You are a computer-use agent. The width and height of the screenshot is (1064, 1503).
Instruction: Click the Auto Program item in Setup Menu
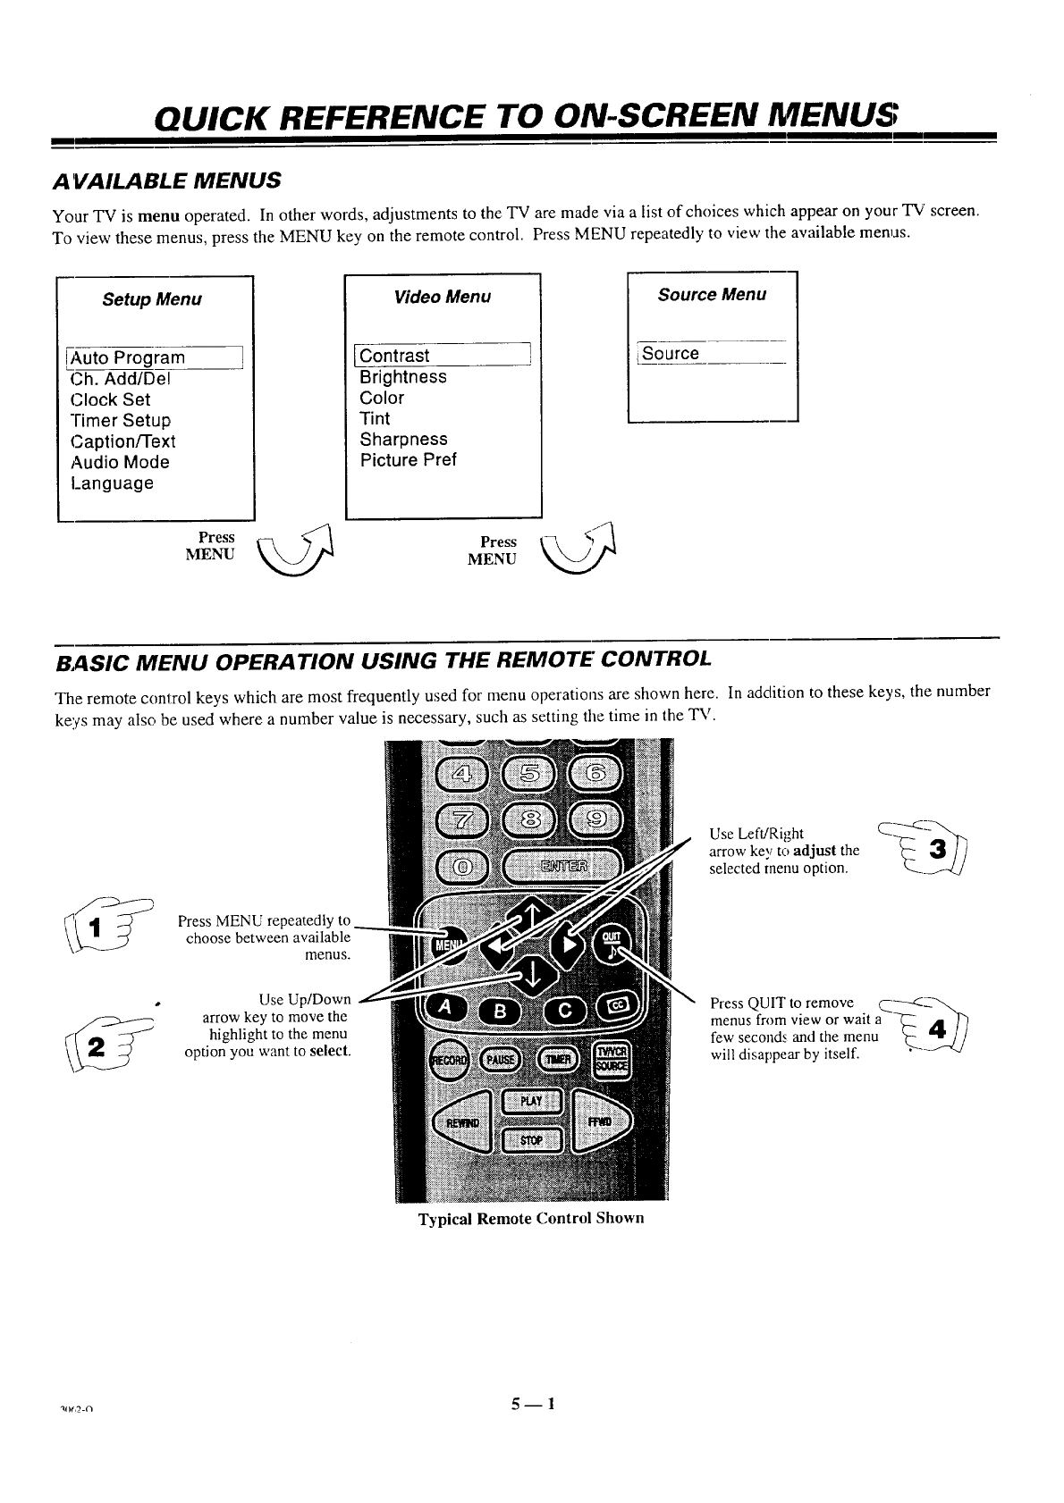click(x=128, y=358)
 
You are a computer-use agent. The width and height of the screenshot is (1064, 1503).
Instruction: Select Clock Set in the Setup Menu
click(x=110, y=399)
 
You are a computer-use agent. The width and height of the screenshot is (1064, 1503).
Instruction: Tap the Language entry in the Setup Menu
click(x=112, y=483)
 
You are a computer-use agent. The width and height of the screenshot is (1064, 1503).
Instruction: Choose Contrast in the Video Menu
click(x=394, y=356)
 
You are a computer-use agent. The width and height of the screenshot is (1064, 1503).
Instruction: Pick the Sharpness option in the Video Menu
click(x=403, y=440)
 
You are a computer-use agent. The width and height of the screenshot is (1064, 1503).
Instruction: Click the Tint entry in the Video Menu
click(x=375, y=418)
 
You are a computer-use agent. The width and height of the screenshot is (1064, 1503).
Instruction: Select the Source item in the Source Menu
click(x=671, y=353)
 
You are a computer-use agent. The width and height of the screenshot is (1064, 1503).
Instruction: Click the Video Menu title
click(x=443, y=297)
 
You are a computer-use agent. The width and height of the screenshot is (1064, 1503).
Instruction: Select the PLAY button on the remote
click(x=531, y=1101)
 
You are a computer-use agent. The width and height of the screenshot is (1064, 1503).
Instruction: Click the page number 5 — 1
click(x=533, y=1404)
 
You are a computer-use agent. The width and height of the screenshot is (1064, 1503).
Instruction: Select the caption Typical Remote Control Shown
click(x=531, y=1219)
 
